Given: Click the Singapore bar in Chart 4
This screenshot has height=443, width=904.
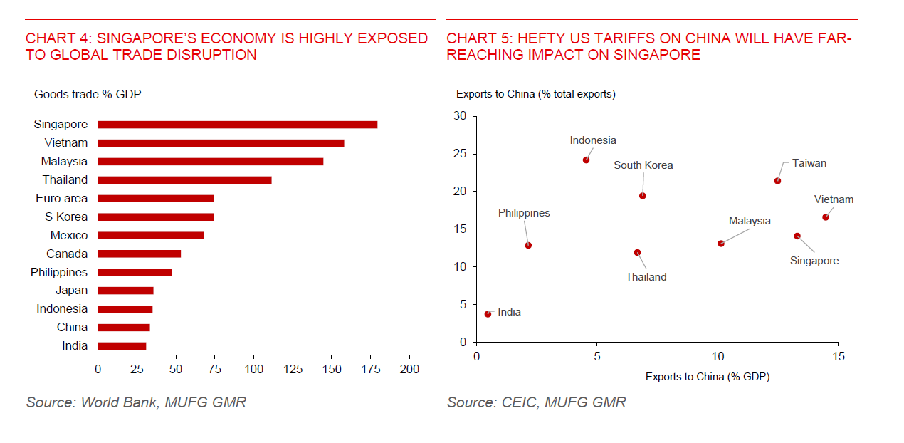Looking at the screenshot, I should point(237,125).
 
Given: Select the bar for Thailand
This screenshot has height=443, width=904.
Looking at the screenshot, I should point(184,180).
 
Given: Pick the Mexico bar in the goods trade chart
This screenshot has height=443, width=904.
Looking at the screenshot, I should point(150,235).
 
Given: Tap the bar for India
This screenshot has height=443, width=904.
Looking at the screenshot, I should point(122,346).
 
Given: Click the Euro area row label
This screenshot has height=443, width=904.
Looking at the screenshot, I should point(61,199).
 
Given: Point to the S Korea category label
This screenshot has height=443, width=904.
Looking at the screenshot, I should point(65,217).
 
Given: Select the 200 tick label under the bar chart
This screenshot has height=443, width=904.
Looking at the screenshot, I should point(409,369).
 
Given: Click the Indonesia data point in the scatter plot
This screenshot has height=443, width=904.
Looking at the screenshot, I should point(586,160).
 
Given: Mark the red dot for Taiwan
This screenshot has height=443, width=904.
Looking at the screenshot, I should point(777,181).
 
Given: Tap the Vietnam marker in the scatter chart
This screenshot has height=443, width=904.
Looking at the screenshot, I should point(826,217).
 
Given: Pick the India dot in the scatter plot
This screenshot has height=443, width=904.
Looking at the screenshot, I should point(488,314).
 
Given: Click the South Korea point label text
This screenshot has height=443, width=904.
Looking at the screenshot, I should point(643,165).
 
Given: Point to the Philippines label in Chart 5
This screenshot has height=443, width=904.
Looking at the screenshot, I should point(524,213).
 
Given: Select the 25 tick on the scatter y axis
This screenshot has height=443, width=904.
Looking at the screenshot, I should point(462,154).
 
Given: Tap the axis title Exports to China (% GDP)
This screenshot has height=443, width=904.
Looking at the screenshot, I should point(707,377).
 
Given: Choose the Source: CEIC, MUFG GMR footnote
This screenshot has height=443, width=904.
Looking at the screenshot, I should point(536,402).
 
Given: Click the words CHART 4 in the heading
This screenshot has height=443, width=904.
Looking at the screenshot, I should point(55,38).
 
